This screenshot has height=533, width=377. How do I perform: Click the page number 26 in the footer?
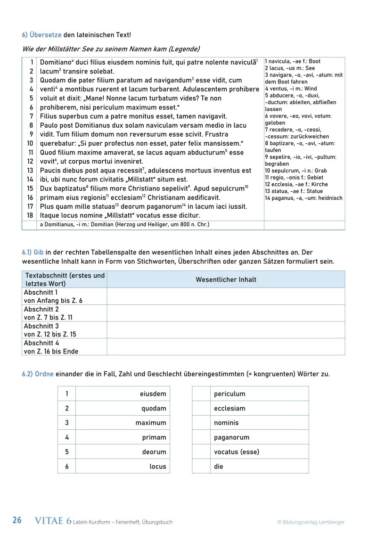(17, 521)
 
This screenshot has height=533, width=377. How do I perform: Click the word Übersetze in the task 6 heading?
(45, 34)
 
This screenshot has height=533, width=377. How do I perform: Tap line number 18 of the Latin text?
(30, 215)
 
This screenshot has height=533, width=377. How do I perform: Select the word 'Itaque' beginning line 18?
(50, 215)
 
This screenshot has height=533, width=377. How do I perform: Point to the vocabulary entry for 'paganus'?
(303, 198)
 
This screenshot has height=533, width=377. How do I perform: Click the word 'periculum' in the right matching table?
(229, 394)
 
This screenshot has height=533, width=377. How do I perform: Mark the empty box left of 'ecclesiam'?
(201, 409)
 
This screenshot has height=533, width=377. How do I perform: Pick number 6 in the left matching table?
(67, 467)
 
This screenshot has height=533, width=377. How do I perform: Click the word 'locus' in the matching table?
(158, 467)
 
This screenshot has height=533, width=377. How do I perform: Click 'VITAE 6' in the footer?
(53, 521)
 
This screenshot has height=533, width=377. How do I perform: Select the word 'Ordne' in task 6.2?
(45, 374)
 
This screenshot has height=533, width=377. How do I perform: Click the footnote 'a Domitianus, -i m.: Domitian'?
(125, 225)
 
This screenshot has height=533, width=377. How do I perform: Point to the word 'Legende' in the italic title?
(184, 49)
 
